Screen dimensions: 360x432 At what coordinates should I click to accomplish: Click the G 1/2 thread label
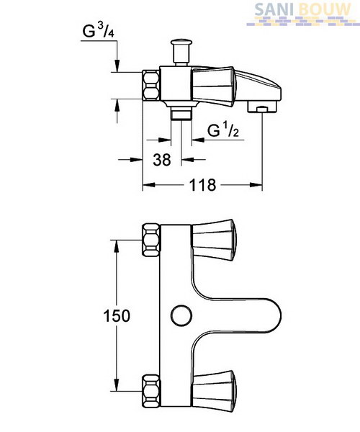pos(222,130)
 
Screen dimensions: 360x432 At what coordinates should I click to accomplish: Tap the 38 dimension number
pos(162,160)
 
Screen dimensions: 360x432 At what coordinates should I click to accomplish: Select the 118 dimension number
pos(202,185)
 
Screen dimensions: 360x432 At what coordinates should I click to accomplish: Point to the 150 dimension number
pos(116,316)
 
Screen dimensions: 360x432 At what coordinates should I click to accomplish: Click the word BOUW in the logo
pos(325,10)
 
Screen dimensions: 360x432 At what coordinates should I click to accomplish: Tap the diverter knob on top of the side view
pos(181,52)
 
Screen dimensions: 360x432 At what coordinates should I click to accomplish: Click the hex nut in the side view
pos(151,85)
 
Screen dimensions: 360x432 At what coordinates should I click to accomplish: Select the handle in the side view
pos(214,86)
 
